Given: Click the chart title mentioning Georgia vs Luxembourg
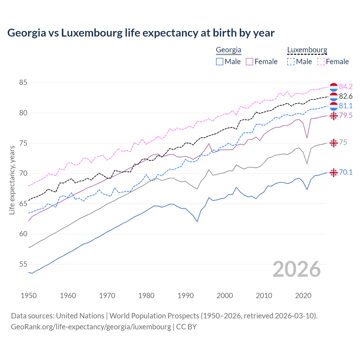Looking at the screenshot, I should tap(141, 33).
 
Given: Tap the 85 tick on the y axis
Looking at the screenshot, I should tap(23, 83).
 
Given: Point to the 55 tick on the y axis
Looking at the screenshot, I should tap(23, 264).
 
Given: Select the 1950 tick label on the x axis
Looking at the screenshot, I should tap(29, 296).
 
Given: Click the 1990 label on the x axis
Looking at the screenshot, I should tap(186, 296).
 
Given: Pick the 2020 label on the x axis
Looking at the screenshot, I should tap(303, 296).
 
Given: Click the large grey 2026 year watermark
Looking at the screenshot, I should tap(297, 269).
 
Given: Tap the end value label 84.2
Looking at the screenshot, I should tap(346, 87).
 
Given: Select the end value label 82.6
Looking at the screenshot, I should tap(346, 96).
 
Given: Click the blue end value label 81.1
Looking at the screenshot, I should tap(346, 106).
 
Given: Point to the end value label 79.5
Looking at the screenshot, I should tap(346, 115).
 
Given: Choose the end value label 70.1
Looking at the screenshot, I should tap(346, 172).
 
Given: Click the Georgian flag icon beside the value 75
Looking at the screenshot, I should tap(334, 143).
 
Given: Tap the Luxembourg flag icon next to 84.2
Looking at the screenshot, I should tap(334, 87).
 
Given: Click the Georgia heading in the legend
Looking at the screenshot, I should tap(228, 50).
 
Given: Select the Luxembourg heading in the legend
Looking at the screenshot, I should tap(307, 50).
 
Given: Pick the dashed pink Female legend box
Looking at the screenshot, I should tap(321, 62).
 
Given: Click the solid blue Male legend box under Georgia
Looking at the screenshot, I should tap(220, 62).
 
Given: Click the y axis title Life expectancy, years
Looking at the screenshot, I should tap(12, 180).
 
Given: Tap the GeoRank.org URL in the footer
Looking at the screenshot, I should tap(91, 327).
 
